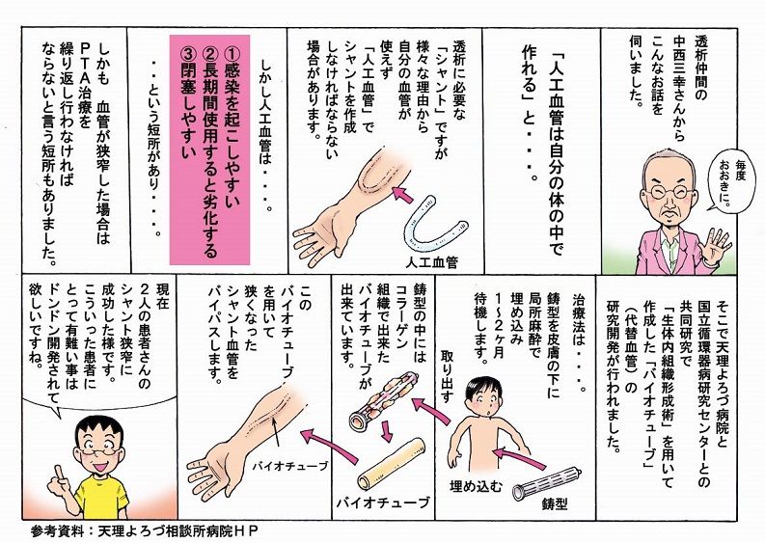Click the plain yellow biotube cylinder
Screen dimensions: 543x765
pyautogui.click(x=394, y=469)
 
